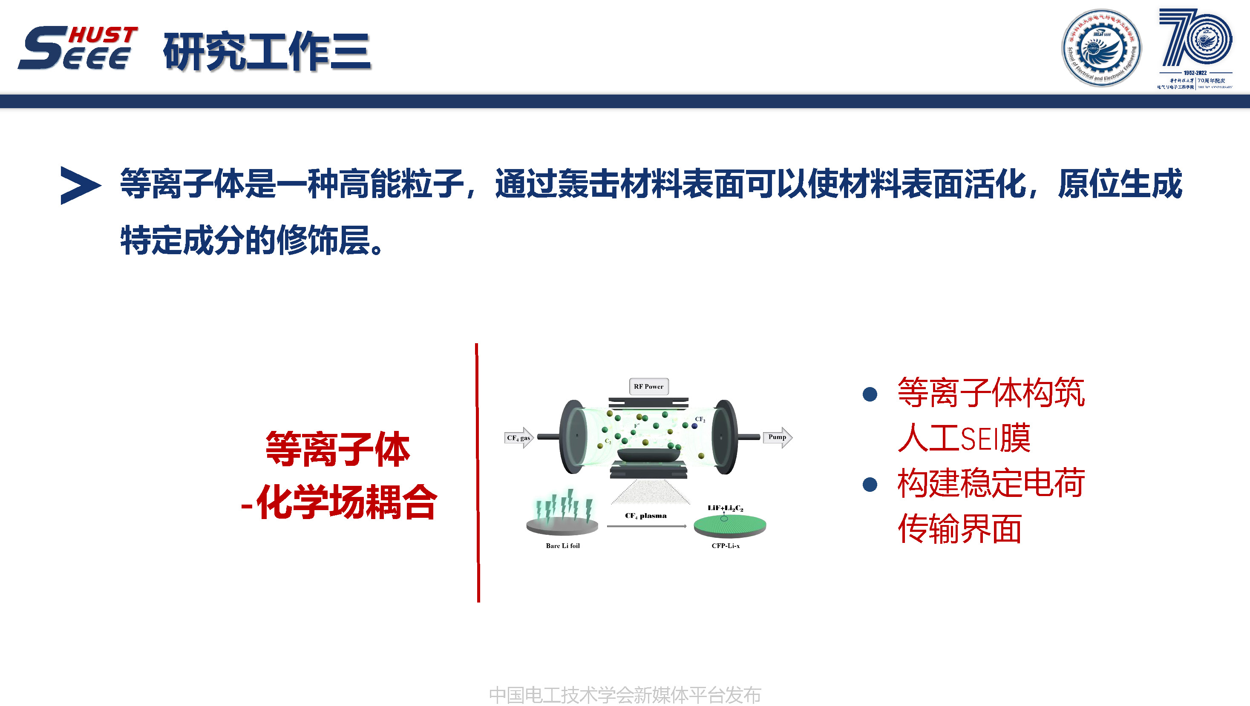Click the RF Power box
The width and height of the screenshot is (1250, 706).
tap(648, 387)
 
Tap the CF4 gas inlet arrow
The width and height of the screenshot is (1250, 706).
tap(519, 438)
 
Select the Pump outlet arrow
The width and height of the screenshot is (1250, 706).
tap(778, 437)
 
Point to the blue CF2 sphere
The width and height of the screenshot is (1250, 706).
tap(695, 426)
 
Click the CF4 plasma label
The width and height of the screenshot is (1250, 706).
tap(645, 515)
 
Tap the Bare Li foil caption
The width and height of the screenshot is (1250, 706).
tap(562, 545)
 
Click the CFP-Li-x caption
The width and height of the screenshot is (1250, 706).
tap(726, 545)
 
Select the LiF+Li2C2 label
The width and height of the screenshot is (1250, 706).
tap(725, 508)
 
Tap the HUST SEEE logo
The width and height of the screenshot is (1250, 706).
tap(78, 48)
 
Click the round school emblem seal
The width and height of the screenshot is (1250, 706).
tap(1101, 48)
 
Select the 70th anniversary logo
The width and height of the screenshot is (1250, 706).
tap(1195, 48)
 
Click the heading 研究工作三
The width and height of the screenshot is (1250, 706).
tap(267, 52)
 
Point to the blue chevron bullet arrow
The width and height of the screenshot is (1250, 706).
tap(80, 185)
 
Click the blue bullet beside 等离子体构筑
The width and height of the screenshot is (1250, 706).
tap(870, 394)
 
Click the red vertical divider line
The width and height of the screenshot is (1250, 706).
tap(478, 473)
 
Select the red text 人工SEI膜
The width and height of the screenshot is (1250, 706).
tap(963, 438)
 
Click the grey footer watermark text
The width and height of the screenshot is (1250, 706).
tap(625, 695)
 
